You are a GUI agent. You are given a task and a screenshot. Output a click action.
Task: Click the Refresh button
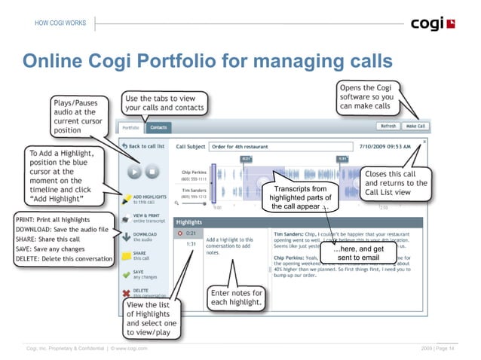(x=388, y=127)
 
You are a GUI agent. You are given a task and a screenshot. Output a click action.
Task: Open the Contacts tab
(x=158, y=128)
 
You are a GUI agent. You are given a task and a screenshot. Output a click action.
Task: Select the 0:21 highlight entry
(x=192, y=234)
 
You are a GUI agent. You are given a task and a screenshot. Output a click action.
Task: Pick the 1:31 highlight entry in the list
(x=192, y=245)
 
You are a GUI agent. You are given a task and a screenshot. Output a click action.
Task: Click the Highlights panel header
(x=189, y=223)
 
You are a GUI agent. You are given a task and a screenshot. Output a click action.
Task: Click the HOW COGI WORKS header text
(x=60, y=23)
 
